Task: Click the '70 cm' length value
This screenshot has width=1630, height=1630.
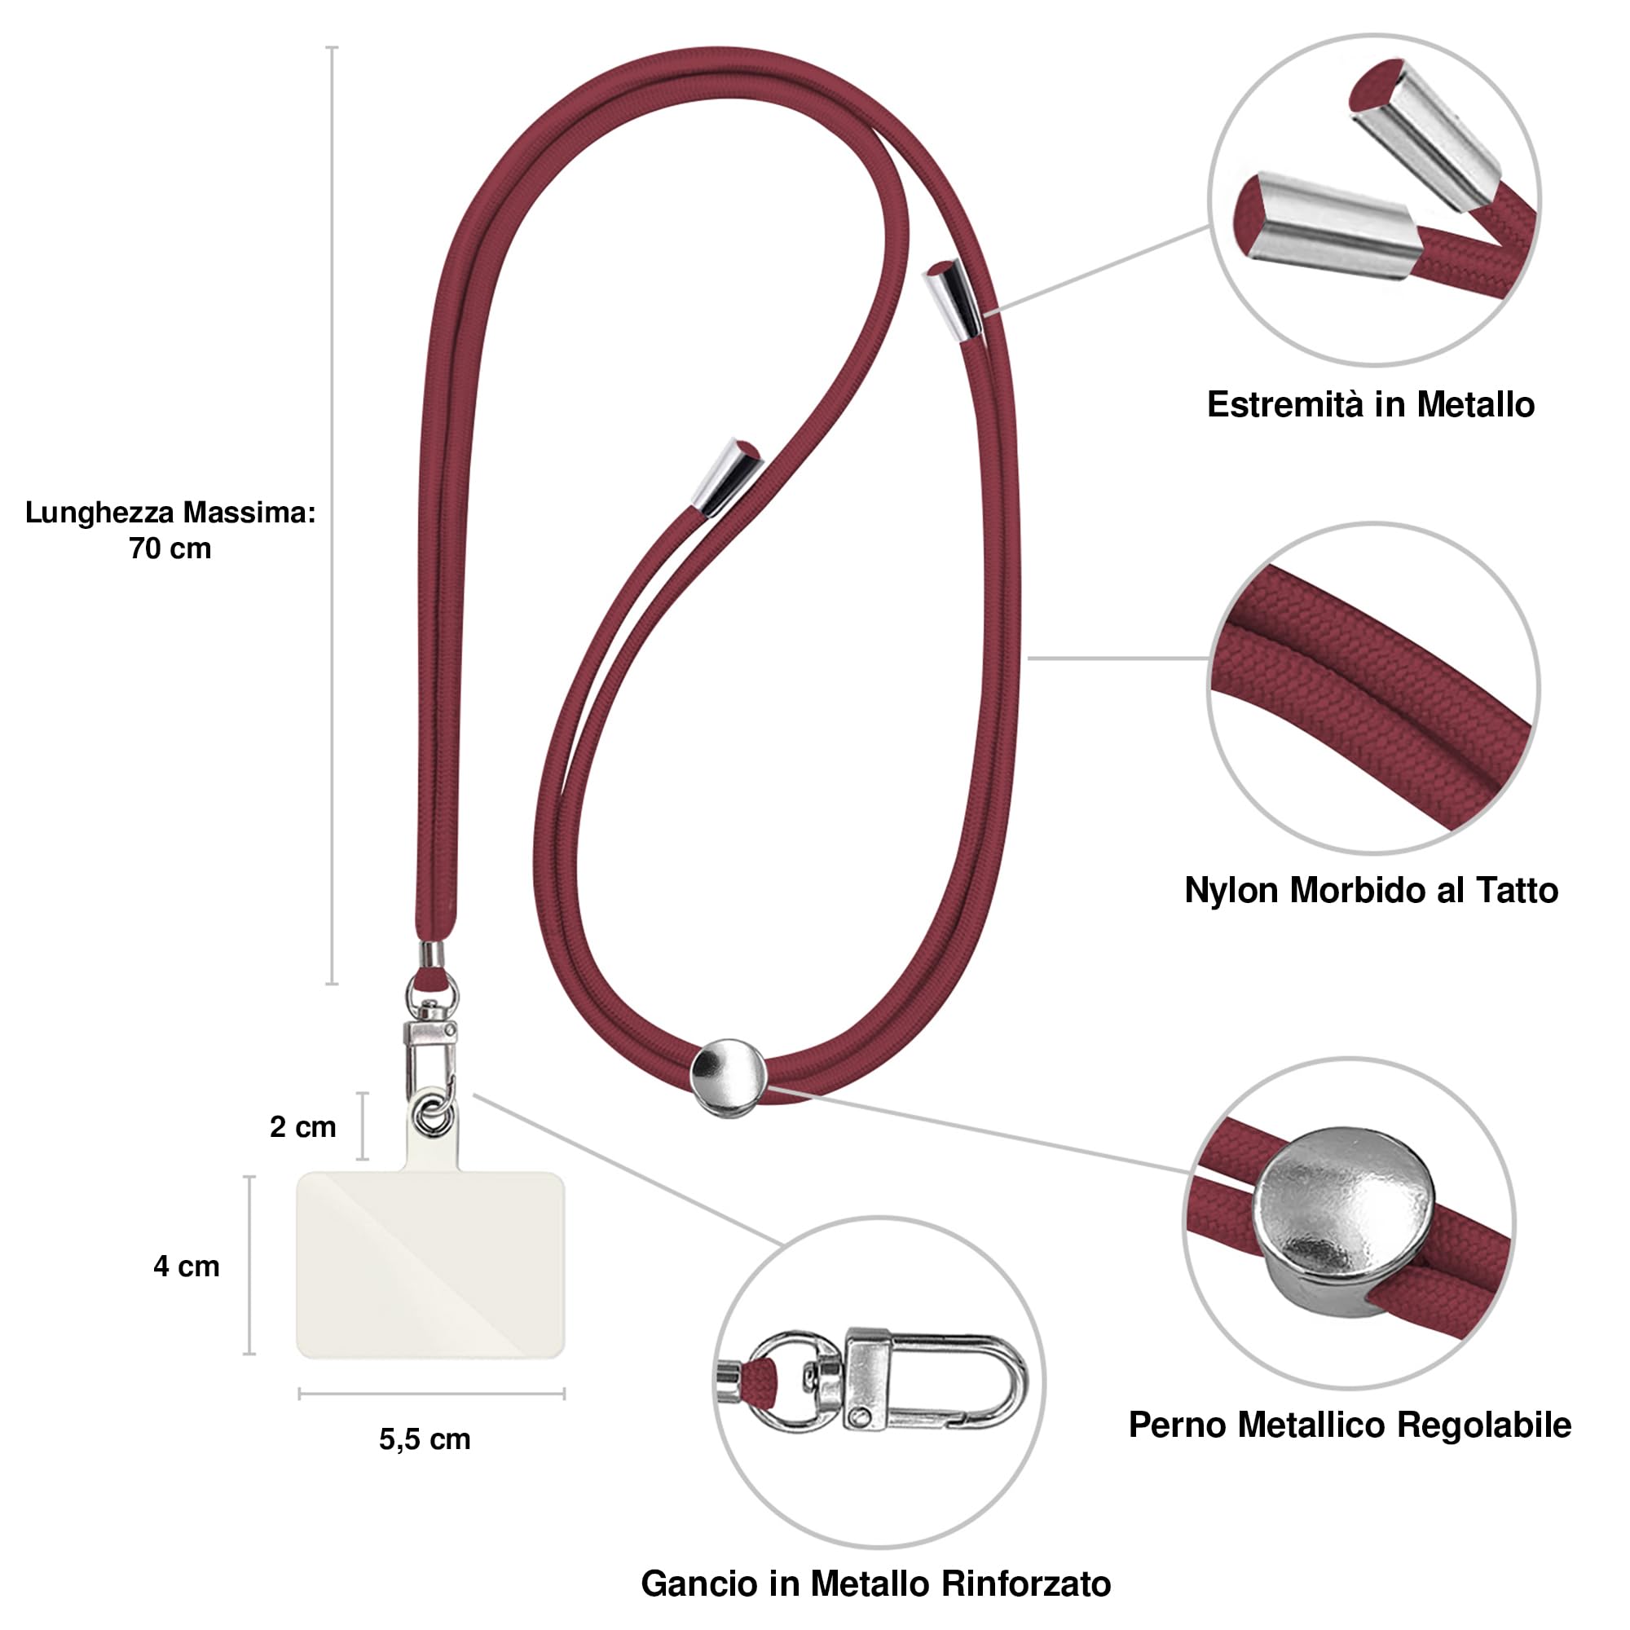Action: [x=170, y=548]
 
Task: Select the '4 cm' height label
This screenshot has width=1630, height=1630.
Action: [x=187, y=1267]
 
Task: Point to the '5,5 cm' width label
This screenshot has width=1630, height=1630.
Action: [x=425, y=1439]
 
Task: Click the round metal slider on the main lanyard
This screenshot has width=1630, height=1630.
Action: [x=728, y=1078]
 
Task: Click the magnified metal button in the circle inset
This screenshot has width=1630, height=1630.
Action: [x=1345, y=1222]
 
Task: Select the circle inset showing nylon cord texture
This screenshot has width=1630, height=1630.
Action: [x=1372, y=689]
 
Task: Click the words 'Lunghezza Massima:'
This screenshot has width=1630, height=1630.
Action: [x=170, y=512]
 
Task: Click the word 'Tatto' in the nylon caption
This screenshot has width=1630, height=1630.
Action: [x=1516, y=891]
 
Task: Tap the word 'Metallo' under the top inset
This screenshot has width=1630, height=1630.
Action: [x=1476, y=405]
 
